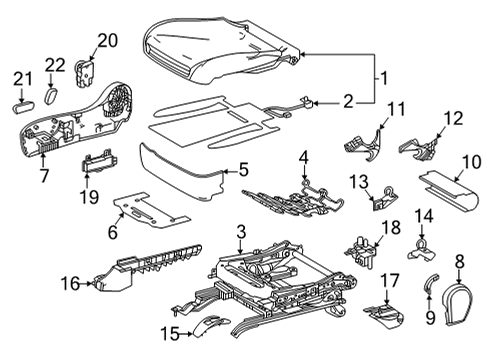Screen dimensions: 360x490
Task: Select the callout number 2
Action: [x=347, y=100]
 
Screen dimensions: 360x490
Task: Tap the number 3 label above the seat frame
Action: [x=240, y=232]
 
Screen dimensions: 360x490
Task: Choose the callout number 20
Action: [x=106, y=41]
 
